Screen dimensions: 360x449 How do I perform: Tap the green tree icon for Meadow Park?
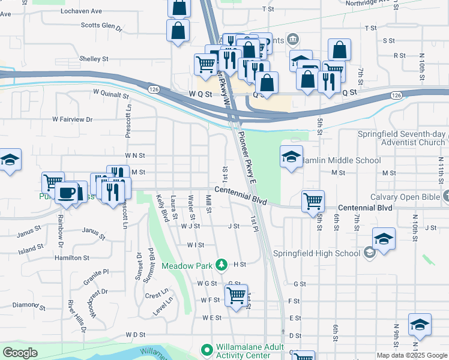coord(221,265)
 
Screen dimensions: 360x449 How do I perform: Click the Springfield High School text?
coord(316,253)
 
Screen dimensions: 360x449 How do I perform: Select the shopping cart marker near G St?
coord(237,295)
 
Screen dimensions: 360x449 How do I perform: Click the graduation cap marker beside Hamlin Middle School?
coord(291,157)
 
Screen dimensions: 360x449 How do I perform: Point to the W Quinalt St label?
coord(111,94)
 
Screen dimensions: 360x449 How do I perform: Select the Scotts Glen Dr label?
coord(101,27)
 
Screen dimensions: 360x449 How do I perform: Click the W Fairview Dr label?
coord(73,119)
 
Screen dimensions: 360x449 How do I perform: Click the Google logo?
coord(20,352)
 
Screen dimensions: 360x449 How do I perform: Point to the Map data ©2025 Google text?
coord(411,355)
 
